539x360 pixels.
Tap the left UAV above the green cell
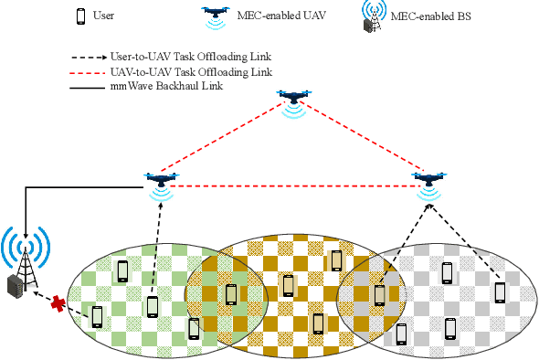coord(161,180)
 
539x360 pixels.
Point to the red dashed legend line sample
coord(96,71)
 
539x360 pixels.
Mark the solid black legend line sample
coord(96,88)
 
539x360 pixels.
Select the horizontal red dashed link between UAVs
coord(292,186)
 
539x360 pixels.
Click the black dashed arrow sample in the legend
coord(96,56)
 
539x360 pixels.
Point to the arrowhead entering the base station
coord(26,229)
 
